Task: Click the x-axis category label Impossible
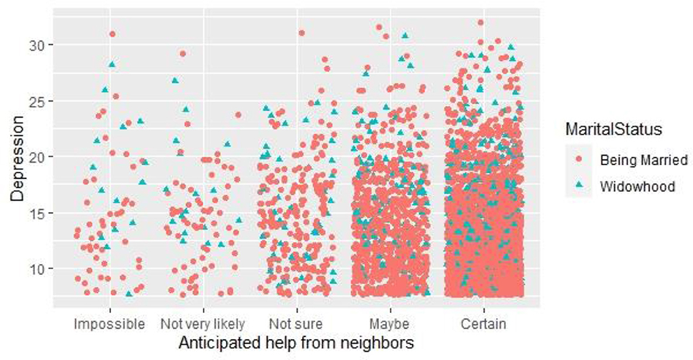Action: pos(109,324)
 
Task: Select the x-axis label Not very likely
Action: pos(202,324)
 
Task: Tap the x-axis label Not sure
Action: pos(296,324)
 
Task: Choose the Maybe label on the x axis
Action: pos(388,324)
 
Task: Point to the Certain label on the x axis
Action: pos(483,324)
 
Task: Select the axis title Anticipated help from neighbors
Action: pos(296,343)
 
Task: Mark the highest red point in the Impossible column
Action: pos(112,34)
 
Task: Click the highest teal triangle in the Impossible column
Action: pos(112,64)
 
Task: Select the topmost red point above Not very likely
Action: pos(183,53)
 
